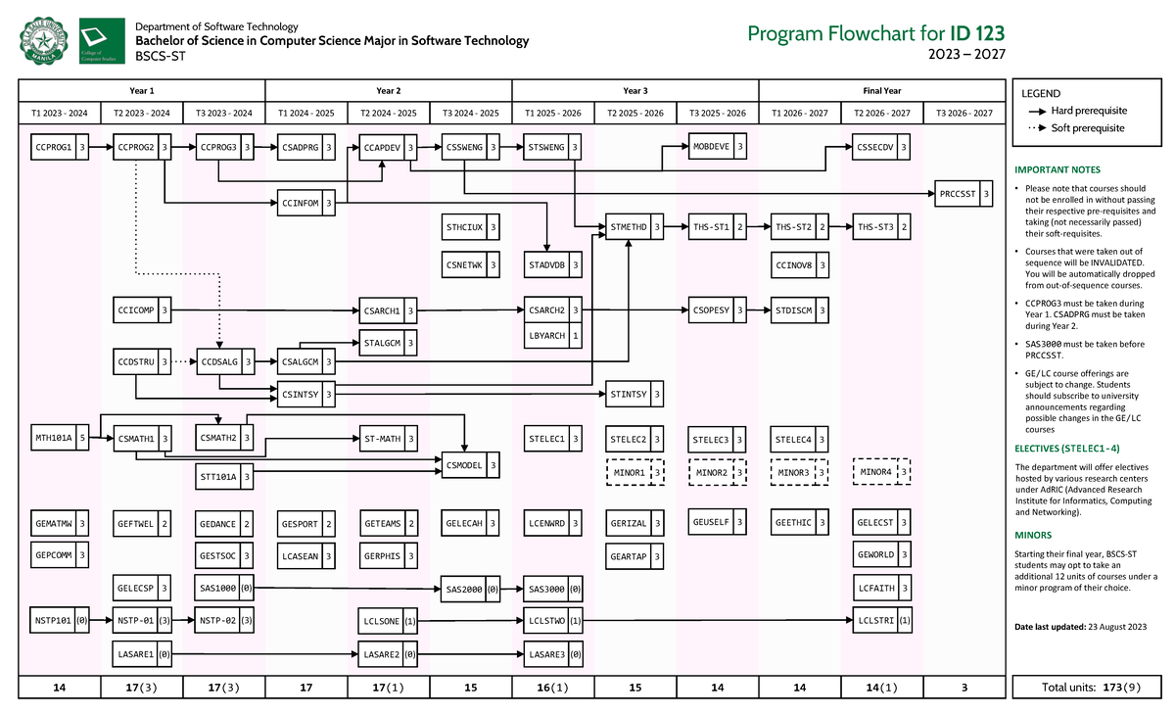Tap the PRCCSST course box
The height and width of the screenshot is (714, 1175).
pos(964,194)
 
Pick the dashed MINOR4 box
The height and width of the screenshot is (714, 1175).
pos(882,472)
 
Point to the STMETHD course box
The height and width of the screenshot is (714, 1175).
pos(635,228)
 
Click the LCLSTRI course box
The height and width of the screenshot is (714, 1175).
pos(882,620)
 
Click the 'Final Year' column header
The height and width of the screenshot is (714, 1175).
pos(882,90)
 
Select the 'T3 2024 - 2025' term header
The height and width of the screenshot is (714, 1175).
pos(471,113)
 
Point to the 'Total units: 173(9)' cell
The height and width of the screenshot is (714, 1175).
pos(1088,688)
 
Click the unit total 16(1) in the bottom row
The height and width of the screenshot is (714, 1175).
pos(553,688)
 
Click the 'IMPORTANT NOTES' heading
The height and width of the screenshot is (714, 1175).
pos(1057,169)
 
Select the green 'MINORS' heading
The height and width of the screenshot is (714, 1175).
pos(1033,536)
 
